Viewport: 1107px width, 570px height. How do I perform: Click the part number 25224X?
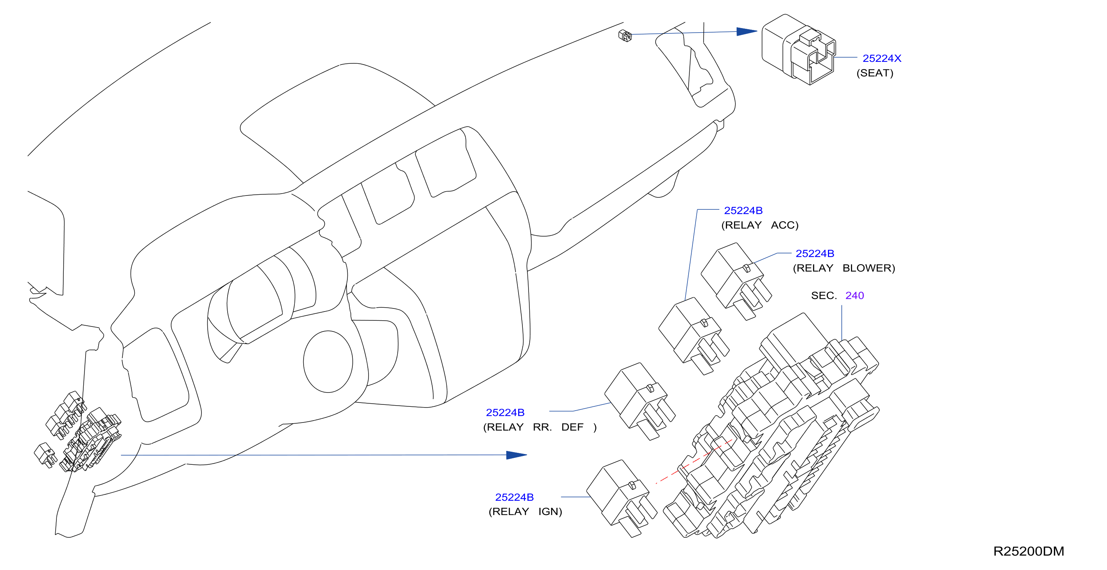[x=881, y=58]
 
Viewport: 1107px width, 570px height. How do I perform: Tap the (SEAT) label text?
[x=874, y=73]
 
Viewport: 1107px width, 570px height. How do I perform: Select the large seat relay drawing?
[x=798, y=49]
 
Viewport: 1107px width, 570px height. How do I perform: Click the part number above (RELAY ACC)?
[x=743, y=210]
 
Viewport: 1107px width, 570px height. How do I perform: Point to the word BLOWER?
[x=869, y=268]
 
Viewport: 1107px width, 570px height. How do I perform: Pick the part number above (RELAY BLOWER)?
[x=815, y=254]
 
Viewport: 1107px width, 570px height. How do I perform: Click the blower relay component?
[x=736, y=282]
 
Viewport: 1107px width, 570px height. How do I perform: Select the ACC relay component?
[x=694, y=336]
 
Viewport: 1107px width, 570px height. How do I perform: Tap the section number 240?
[x=854, y=296]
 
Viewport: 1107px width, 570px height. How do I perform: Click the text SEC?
[x=824, y=296]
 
